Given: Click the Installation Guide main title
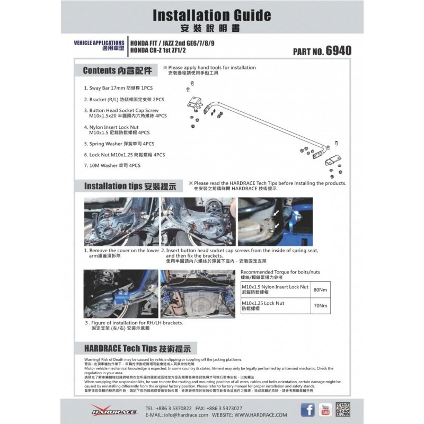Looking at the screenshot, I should pos(211,15).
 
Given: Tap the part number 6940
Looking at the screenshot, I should pos(339,51).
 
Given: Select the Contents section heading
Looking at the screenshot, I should pos(117,70).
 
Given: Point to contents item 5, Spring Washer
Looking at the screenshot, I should pos(122,144).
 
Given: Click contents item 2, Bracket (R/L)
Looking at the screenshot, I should pos(120,99).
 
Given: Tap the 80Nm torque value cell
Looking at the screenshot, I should pos(320,289).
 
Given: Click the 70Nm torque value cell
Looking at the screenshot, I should pos(320,306).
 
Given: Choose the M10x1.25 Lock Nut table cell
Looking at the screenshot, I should pos(276,306).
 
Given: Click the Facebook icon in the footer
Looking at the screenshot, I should pos(307,409).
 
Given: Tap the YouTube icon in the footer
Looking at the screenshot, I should pos(325,409).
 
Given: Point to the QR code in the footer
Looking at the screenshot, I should pos(343,409).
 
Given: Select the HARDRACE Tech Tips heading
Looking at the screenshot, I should pos(140,348).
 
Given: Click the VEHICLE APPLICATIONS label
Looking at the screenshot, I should pos(99,42).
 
